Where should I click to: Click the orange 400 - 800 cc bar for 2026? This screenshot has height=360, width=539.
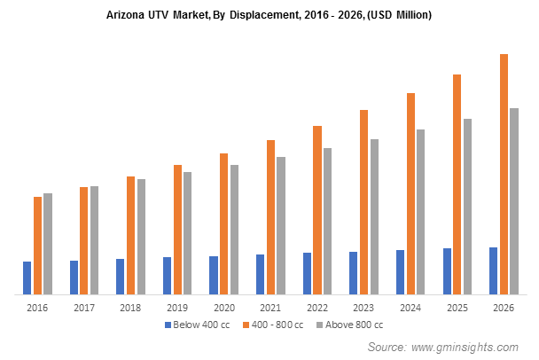pyautogui.click(x=504, y=174)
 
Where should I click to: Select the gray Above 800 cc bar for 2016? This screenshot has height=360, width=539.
pyautogui.click(x=48, y=243)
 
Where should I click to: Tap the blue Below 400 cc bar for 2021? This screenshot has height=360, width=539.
pyautogui.click(x=260, y=274)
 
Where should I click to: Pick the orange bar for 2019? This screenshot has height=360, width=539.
pyautogui.click(x=177, y=229)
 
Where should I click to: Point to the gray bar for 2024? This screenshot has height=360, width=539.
pyautogui.click(x=421, y=211)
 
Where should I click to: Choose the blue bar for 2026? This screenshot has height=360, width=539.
pyautogui.click(x=493, y=270)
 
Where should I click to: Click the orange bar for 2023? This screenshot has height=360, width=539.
pyautogui.click(x=363, y=201)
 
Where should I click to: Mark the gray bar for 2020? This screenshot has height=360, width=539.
pyautogui.click(x=234, y=229)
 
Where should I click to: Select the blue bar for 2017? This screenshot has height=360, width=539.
pyautogui.click(x=74, y=277)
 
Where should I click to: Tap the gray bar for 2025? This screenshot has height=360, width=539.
pyautogui.click(x=467, y=206)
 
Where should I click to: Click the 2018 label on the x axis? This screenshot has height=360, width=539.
pyautogui.click(x=130, y=307)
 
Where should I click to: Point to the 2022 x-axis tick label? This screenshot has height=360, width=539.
pyautogui.click(x=316, y=307)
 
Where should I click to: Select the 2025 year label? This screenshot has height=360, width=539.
pyautogui.click(x=457, y=307)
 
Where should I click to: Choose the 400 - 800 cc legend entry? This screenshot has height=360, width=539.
pyautogui.click(x=277, y=325)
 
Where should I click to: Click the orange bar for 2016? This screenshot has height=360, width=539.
pyautogui.click(x=37, y=245)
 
